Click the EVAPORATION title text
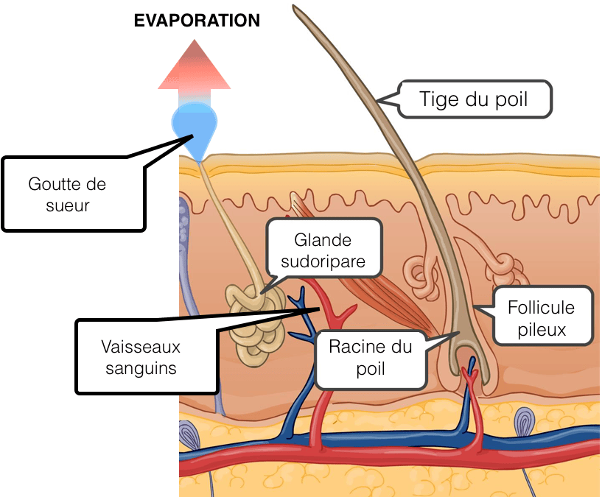click(x=197, y=21)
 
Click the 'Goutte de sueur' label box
click(x=74, y=194)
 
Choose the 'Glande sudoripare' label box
click(x=323, y=248)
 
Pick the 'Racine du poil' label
click(x=371, y=359)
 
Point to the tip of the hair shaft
click(x=294, y=6)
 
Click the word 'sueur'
click(x=68, y=205)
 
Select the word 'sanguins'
click(x=141, y=368)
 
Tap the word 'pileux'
click(x=542, y=330)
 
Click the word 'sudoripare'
click(x=323, y=261)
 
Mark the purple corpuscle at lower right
click(x=525, y=422)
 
